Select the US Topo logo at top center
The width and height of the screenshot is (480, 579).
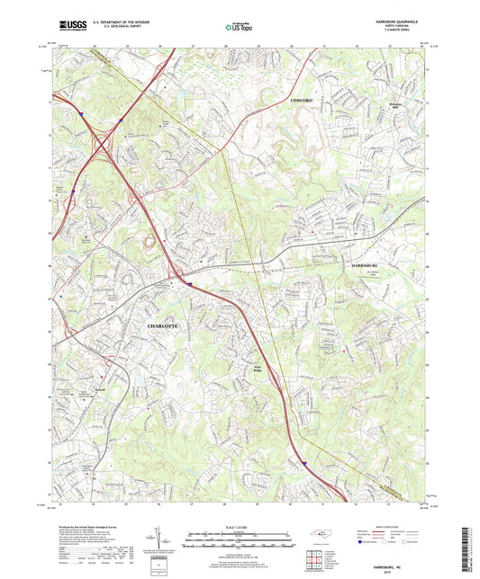pos(238,29)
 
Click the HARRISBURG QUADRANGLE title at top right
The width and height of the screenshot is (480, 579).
pos(393,22)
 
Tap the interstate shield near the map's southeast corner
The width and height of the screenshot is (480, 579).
pos(305,466)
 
